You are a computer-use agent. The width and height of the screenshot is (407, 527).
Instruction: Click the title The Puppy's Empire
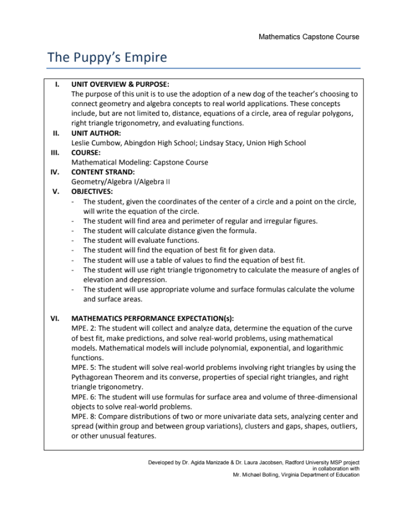[x=107, y=57]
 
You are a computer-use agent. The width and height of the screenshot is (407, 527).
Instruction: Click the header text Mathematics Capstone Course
[x=308, y=37]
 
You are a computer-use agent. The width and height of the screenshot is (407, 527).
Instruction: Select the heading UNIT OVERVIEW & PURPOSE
[x=120, y=85]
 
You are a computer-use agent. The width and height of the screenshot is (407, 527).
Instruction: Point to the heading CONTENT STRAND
[x=103, y=172]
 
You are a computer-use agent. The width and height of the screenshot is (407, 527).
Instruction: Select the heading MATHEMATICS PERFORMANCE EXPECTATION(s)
[x=152, y=318]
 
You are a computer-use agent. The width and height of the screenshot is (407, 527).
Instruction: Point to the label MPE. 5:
[x=84, y=367]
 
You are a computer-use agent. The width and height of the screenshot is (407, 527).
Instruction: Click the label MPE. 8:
[x=84, y=416]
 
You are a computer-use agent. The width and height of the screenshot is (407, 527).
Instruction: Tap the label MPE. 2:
[x=84, y=328]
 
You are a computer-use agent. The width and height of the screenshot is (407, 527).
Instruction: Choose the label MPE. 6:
[x=84, y=397]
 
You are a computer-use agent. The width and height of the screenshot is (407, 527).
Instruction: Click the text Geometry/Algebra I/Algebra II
[x=120, y=182]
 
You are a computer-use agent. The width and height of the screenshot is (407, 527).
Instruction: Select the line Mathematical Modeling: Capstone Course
[x=139, y=162]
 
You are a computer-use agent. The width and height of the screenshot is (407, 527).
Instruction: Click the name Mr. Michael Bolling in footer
[x=258, y=475]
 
